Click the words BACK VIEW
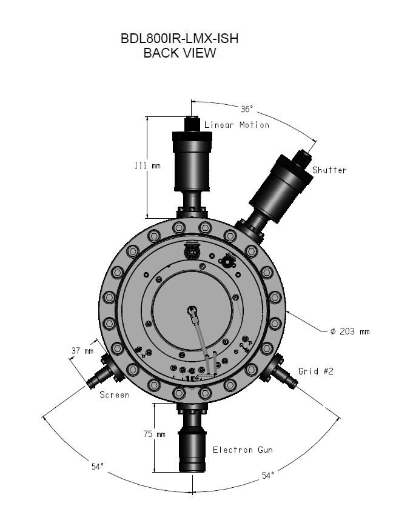180,53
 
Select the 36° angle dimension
246,110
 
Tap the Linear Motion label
237,125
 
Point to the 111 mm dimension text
147,165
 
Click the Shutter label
329,170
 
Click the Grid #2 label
315,371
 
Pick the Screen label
115,395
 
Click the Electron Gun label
242,450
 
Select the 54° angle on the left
98,467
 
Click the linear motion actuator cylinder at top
192,161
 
